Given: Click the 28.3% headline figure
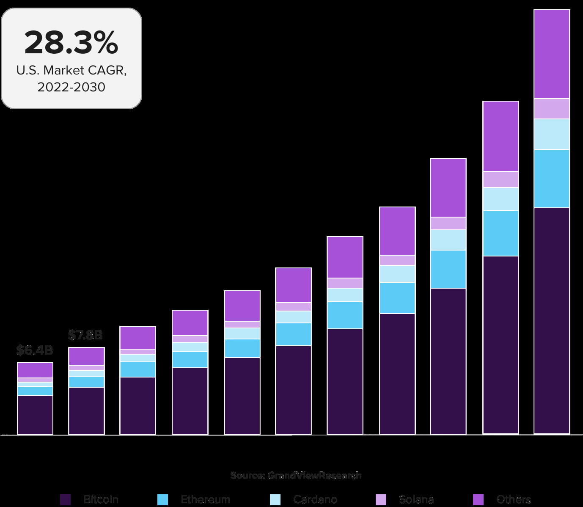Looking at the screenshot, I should [71, 43].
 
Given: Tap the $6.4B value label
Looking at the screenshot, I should [35, 350].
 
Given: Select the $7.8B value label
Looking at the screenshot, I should [85, 335].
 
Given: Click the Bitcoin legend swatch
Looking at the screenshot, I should [66, 500].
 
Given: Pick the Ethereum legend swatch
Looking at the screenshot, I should [162, 500].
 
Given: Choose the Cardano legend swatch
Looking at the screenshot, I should [275, 500].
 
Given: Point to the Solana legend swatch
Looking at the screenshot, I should [381, 500].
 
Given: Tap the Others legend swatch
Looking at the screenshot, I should [478, 500].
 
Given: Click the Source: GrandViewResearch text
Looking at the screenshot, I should [296, 475].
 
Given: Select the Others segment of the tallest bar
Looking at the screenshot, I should [552, 54].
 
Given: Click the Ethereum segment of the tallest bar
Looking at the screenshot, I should [552, 179].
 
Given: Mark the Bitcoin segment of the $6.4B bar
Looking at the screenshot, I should [35, 415].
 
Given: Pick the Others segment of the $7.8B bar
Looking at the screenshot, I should [86, 356].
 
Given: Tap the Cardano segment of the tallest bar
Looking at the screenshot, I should [552, 134].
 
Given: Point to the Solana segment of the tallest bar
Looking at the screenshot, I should [552, 109].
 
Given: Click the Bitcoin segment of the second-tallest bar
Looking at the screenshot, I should [500, 344].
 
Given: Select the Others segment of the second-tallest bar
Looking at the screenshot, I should [500, 136].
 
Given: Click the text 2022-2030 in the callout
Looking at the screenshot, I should [71, 87].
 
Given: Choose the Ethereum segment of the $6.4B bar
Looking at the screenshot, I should [35, 391].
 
